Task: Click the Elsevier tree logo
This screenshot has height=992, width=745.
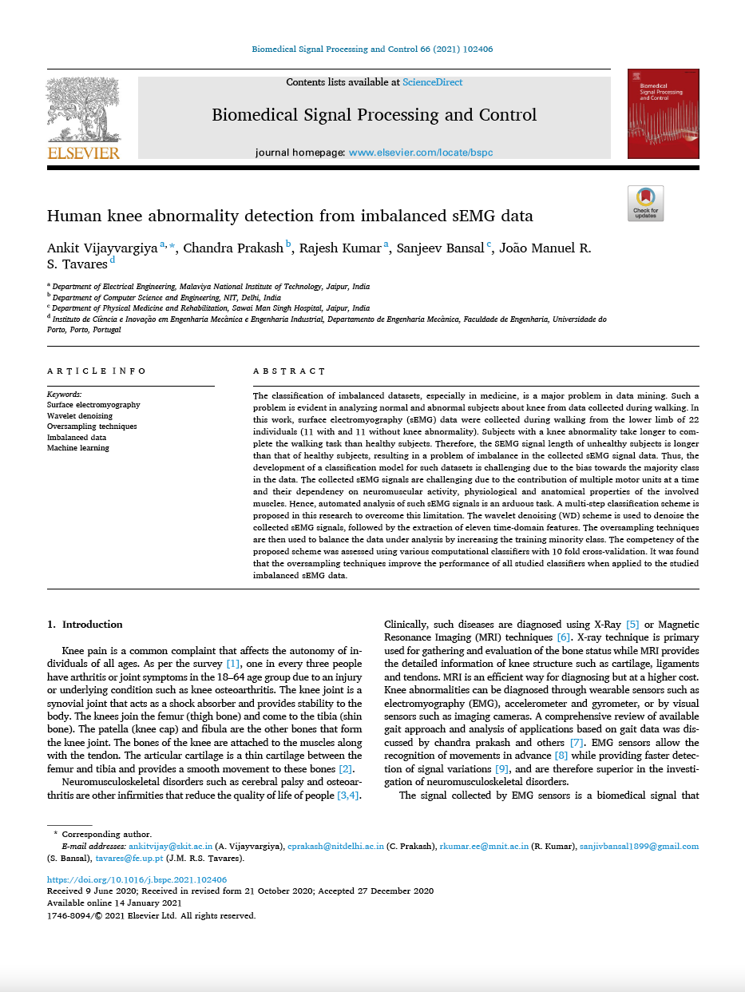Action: click(83, 118)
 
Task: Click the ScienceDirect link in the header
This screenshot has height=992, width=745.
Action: click(432, 82)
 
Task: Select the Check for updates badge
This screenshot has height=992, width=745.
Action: click(645, 203)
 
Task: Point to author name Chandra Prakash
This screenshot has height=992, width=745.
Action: click(233, 248)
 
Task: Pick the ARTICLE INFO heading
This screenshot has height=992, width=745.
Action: click(97, 371)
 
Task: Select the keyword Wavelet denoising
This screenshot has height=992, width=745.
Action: click(80, 416)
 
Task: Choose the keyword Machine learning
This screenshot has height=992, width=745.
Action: click(78, 448)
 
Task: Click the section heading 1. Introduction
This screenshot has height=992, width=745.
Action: click(85, 625)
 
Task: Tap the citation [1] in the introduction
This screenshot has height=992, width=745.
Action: click(233, 665)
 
